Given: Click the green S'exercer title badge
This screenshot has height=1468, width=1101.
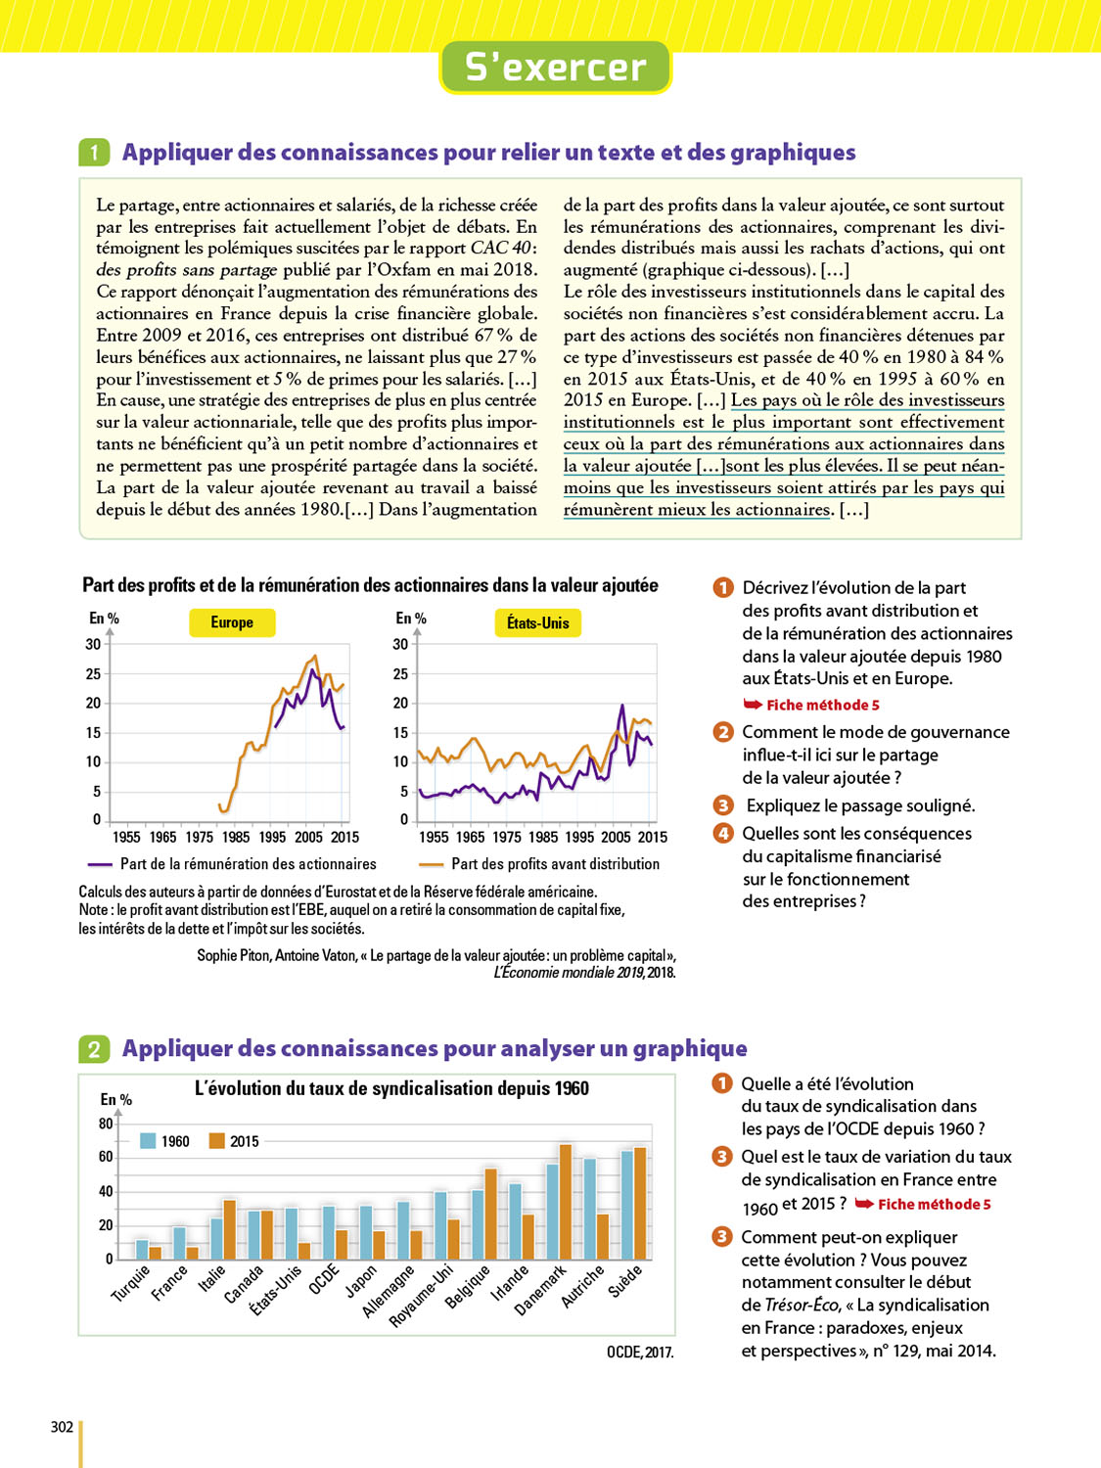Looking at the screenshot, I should click(x=555, y=68).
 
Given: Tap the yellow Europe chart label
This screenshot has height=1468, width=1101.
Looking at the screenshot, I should click(x=232, y=622).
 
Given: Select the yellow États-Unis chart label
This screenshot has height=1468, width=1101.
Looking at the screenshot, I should click(x=537, y=622).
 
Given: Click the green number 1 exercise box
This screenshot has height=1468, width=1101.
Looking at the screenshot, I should click(x=94, y=153).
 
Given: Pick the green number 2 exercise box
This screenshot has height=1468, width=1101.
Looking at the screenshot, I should click(x=94, y=1049).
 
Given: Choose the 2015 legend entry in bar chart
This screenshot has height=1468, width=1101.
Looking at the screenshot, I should click(x=234, y=1141).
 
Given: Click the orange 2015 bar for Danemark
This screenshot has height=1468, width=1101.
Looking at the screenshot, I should click(x=566, y=1201).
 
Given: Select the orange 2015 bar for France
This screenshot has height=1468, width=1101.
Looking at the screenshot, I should click(x=193, y=1253).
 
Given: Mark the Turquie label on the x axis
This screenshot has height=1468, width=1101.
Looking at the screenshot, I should click(x=131, y=1283).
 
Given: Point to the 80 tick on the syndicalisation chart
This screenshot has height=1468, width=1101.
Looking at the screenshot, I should click(x=106, y=1124).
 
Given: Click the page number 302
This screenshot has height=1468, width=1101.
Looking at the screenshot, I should click(x=62, y=1427).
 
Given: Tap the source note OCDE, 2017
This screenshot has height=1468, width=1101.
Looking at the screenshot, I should click(x=640, y=1353).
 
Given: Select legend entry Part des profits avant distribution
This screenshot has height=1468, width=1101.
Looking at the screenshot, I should click(x=539, y=864).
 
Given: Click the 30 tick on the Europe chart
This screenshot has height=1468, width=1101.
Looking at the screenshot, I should click(x=93, y=644).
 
